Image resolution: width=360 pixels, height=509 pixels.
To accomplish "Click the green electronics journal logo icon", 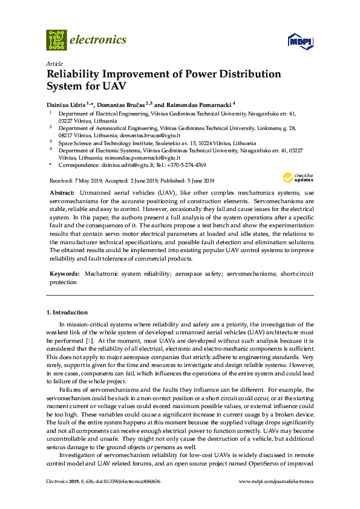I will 56,40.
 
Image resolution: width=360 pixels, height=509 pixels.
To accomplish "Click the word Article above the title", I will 54,63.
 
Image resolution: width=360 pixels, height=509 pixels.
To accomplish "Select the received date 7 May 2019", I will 91,181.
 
